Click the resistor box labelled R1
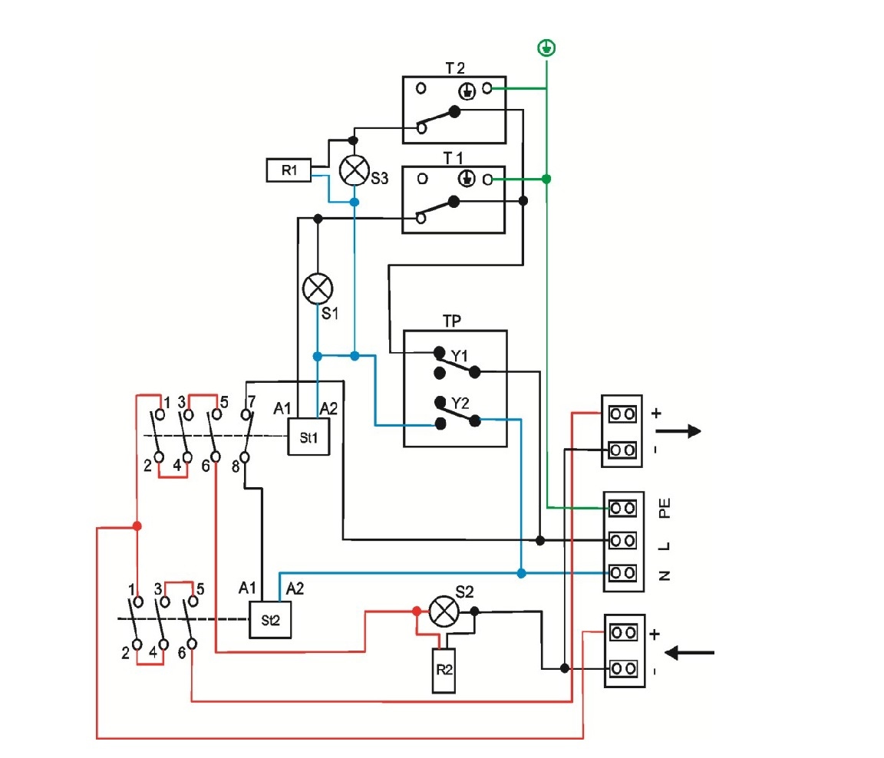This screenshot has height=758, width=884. coord(289,170)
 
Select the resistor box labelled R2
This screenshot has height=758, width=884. coord(444,670)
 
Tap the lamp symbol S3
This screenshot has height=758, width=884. coord(354,170)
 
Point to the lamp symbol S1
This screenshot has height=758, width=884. coord(318,288)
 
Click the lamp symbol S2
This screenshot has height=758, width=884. coord(443,611)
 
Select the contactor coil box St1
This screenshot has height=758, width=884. coord(308,437)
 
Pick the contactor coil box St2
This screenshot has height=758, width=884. coord(270,619)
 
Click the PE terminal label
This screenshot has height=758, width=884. coord(665,507)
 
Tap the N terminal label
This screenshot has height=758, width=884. coord(665,574)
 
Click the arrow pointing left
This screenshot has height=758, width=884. coord(688,653)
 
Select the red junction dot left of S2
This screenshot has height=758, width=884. coord(416,611)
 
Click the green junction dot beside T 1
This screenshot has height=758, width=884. coord(546,180)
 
